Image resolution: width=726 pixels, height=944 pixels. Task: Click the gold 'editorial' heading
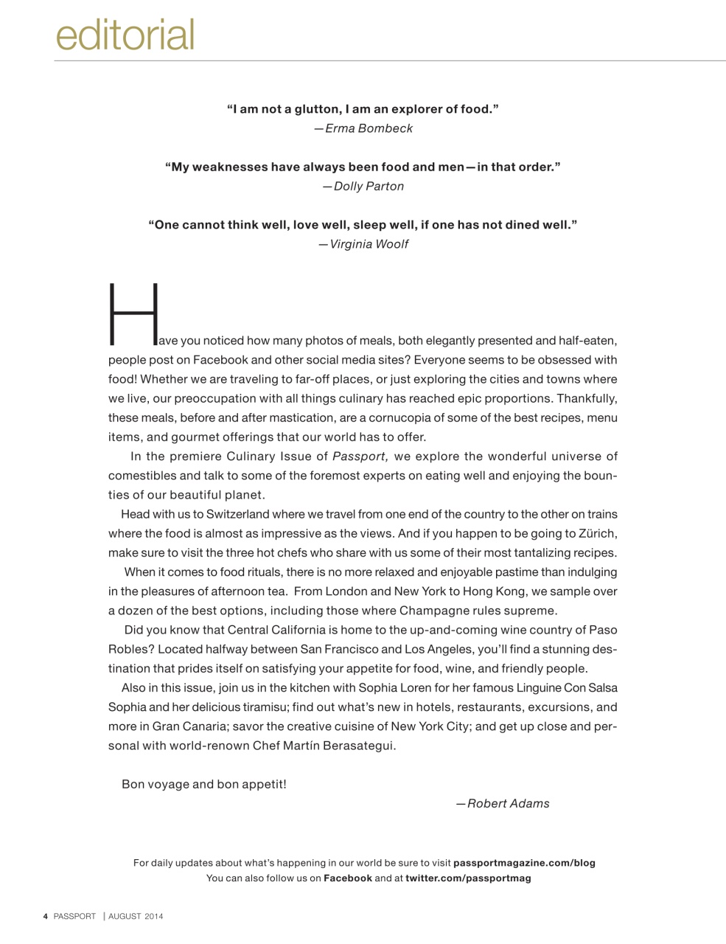125,35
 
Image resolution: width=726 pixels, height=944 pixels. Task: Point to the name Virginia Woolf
369,244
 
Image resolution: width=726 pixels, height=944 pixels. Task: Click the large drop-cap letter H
133,314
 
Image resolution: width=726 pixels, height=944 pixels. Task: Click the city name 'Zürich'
597,533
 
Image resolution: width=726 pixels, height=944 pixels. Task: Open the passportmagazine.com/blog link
524,863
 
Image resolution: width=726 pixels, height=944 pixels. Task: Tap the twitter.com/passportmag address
468,878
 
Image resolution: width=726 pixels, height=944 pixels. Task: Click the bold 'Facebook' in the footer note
347,878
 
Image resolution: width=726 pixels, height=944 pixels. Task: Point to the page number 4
45,917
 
